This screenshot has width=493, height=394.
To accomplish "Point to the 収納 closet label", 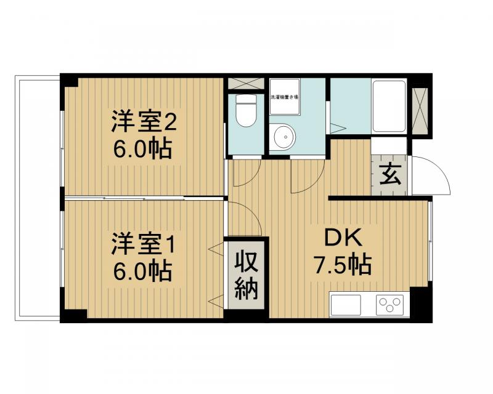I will (246, 274).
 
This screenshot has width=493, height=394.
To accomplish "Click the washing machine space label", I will (285, 97).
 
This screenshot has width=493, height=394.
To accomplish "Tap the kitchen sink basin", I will (346, 304).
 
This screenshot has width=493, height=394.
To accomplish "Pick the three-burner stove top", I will (389, 304).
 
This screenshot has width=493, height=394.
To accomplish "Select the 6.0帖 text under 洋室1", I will (144, 270).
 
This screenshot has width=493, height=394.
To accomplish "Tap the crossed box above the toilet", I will (246, 84).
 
